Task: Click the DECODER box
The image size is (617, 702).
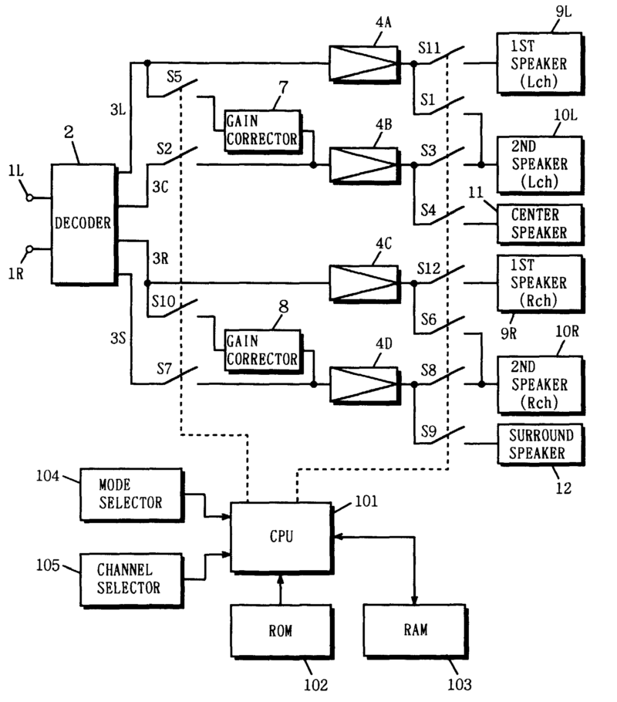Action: tap(83, 223)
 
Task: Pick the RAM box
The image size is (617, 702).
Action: tap(414, 628)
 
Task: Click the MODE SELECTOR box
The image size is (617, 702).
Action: tap(130, 494)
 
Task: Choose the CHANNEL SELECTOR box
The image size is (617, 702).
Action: tap(130, 578)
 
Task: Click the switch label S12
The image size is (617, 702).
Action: tap(429, 268)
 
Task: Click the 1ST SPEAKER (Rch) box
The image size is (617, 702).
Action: tap(541, 283)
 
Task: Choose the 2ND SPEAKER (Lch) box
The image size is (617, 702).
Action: tap(540, 164)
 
